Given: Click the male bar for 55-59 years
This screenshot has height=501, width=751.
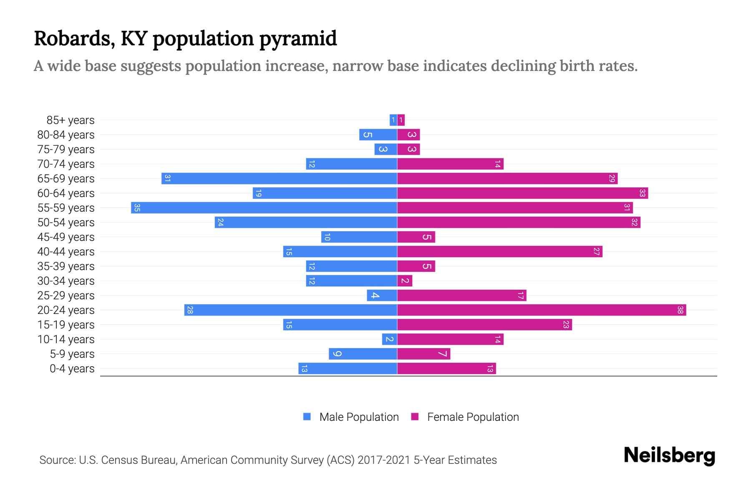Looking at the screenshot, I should point(264,207).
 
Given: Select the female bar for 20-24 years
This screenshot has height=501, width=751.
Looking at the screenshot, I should point(542,310).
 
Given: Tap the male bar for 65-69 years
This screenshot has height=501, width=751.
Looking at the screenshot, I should point(279,178).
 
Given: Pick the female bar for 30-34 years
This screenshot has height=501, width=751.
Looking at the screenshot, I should point(405,281).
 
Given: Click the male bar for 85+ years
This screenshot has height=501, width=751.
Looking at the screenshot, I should point(393,120).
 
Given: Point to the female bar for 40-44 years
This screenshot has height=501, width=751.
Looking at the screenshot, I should point(499,251).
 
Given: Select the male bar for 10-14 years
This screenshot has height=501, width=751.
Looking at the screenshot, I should point(389,339).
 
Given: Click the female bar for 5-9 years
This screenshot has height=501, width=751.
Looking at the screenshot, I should point(423,354).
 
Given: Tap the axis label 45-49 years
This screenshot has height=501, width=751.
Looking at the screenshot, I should point(66,237).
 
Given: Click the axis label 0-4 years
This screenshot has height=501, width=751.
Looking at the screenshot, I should point(72,368).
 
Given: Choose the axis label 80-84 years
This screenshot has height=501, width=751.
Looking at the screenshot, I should point(66,134).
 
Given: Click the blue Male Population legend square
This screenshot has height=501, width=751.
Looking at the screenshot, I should point(307,417).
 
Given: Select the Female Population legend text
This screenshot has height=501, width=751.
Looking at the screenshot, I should point(473,417).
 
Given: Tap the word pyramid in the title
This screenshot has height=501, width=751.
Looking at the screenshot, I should point(298,39).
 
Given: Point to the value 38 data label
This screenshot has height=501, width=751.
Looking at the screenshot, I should point(680,310).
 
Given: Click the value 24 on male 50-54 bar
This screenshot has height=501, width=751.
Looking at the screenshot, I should point(220,222).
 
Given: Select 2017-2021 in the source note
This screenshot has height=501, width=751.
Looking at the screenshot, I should point(384,460).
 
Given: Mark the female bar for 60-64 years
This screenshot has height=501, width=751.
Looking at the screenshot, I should point(522,193).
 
